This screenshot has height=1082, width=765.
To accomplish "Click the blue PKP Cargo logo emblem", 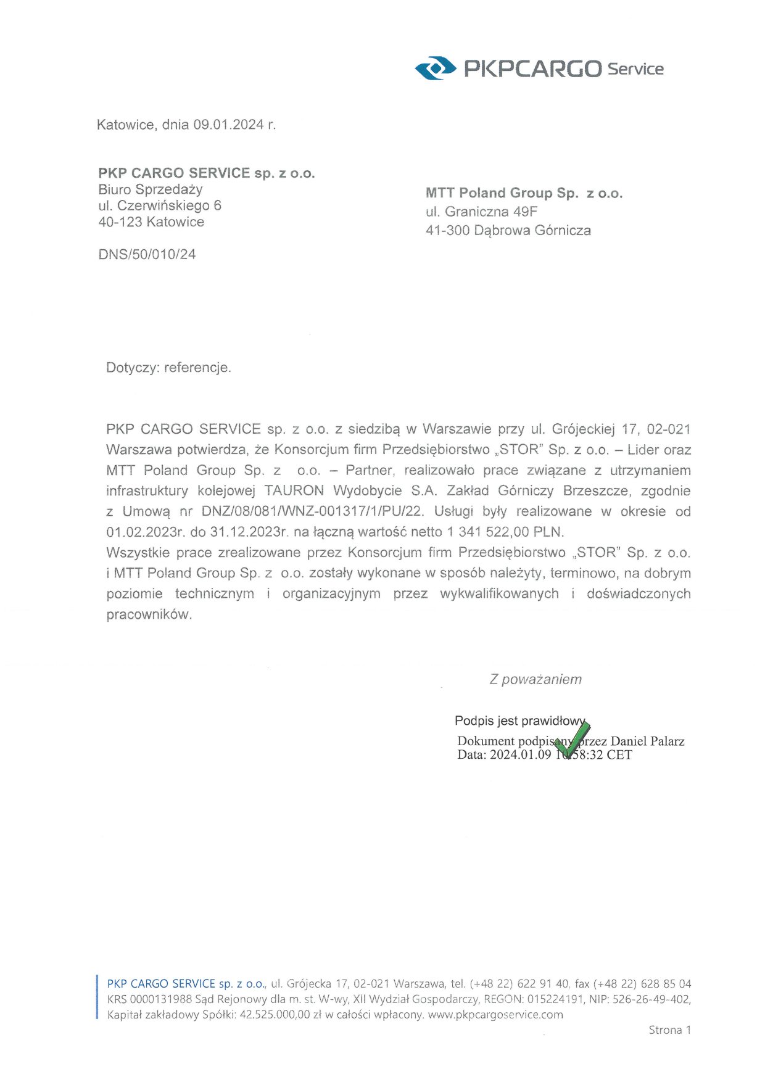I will (435, 68).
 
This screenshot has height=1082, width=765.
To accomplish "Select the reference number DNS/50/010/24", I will (147, 254).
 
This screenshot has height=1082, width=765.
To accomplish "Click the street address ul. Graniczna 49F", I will (481, 212).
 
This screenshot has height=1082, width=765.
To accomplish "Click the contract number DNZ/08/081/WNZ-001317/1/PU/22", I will (313, 511).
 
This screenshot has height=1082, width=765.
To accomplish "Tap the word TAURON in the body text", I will (294, 491).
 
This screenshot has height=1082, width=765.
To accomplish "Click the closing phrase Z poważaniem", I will (535, 680).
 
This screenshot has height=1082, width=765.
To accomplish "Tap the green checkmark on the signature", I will (573, 738).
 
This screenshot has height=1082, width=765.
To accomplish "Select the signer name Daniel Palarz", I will (647, 741).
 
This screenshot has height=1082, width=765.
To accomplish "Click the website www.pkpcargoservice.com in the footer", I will (495, 1015).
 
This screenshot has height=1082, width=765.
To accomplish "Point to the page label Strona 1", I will (669, 1030).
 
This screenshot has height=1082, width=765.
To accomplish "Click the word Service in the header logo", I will (635, 69).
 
